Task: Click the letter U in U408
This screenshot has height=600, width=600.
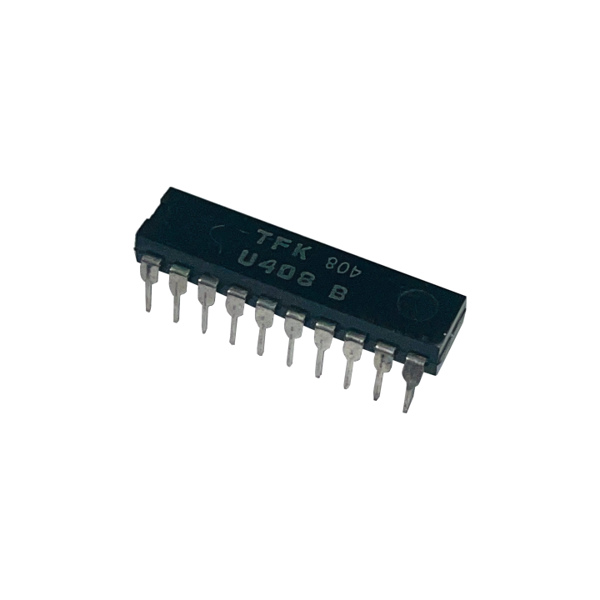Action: (x=247, y=261)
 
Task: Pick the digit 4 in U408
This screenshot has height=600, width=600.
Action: (x=267, y=266)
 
